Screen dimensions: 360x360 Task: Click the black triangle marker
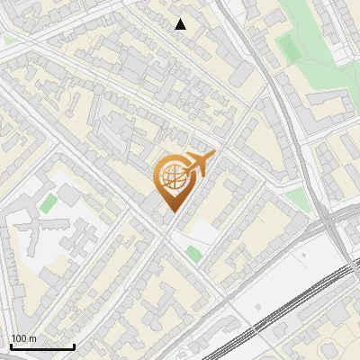coord(181,24)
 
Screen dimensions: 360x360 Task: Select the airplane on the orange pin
coord(199,164)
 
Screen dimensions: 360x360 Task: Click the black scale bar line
coord(41,346)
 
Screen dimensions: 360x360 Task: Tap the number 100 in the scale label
coord(19,338)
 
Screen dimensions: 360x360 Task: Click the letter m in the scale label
coord(33,338)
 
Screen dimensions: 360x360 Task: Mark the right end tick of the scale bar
coord(73,346)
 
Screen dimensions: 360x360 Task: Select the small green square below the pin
coord(193,254)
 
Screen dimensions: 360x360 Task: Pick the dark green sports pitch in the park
coord(288,47)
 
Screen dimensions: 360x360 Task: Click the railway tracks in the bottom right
coord(288,306)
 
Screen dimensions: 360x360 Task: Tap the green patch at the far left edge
coord(8,40)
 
